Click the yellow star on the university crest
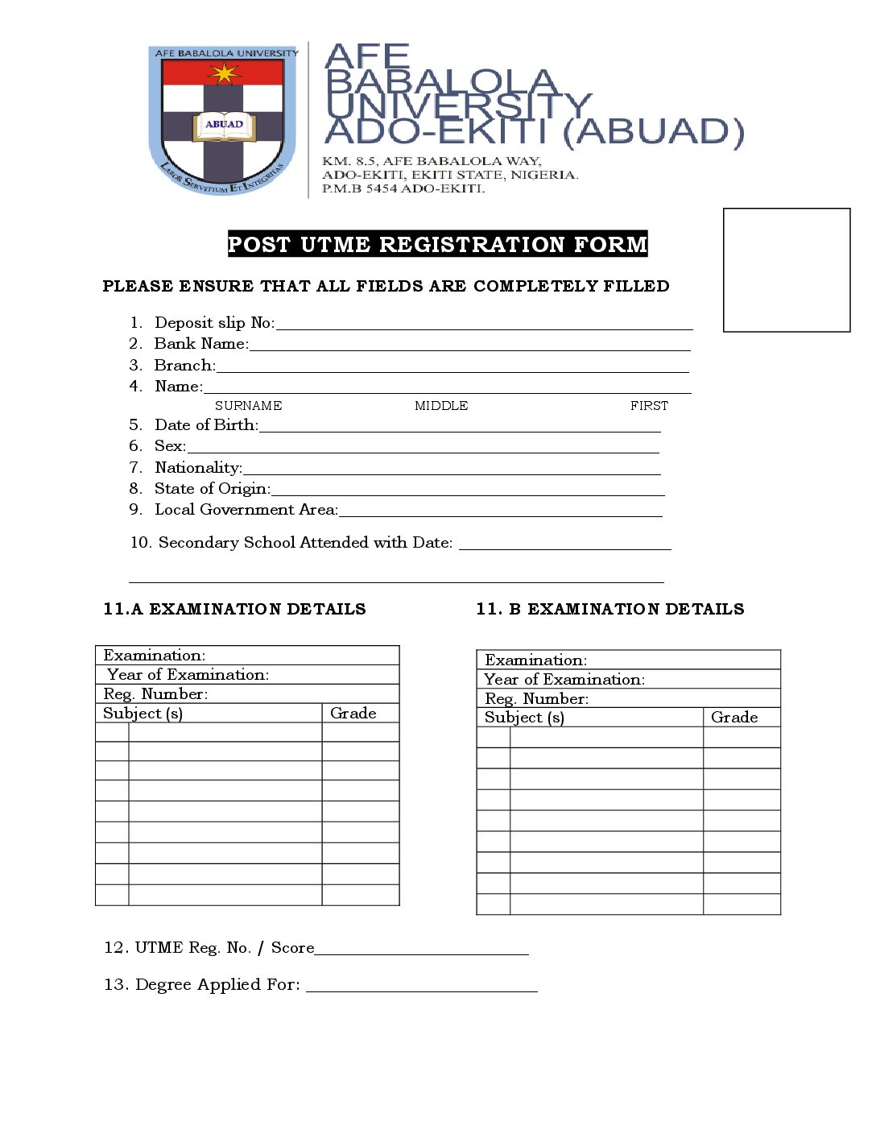224,74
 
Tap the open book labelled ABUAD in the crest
224,126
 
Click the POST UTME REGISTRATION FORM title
437,244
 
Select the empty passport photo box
787,270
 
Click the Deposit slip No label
214,323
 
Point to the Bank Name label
200,344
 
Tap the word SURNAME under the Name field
248,406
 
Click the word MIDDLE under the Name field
441,406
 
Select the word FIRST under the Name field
649,406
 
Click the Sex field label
170,446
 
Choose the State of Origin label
213,489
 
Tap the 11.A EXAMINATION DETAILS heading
234,609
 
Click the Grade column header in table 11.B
734,718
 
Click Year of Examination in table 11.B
564,680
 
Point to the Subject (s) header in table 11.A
143,714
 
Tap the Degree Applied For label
201,985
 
